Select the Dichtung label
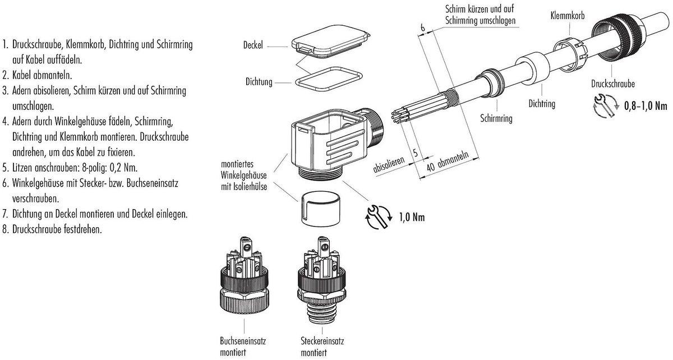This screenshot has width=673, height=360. (258, 82)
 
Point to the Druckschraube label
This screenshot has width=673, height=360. (612, 84)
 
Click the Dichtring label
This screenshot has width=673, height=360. (542, 104)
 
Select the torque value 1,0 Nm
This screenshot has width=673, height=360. (411, 217)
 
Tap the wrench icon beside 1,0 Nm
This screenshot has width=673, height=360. (377, 217)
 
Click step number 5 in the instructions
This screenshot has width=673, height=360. (5, 167)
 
